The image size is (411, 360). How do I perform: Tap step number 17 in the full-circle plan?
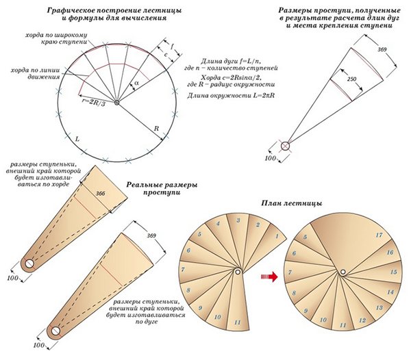click(x=378, y=235)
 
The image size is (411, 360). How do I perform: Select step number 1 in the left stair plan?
click(x=276, y=236)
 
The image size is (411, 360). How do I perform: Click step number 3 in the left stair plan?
click(x=237, y=220)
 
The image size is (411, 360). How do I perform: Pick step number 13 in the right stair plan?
click(x=362, y=320)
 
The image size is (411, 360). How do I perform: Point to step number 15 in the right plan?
click(x=393, y=272)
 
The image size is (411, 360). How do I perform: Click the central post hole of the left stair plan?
click(x=236, y=273)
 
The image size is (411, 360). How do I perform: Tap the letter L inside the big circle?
click(x=77, y=139)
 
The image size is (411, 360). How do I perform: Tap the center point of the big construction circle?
click(x=117, y=103)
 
